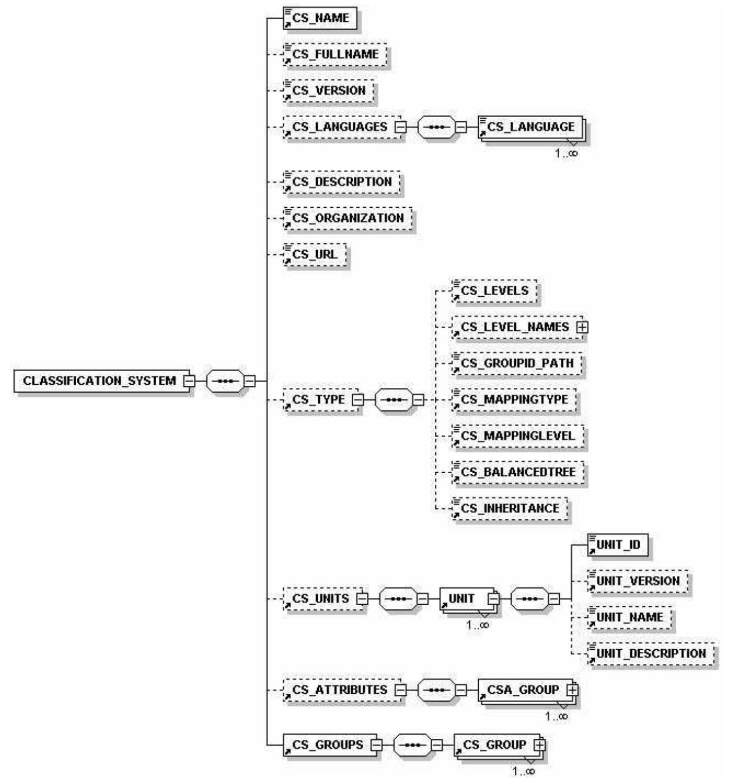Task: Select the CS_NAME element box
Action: click(x=319, y=19)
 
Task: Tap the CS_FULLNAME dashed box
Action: click(x=335, y=55)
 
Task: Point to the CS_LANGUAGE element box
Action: click(x=530, y=127)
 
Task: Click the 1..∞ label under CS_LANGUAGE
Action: click(x=566, y=154)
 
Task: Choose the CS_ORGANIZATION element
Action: click(x=347, y=218)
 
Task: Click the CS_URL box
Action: click(x=315, y=254)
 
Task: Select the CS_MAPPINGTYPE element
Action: click(x=514, y=400)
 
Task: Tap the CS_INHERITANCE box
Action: click(x=509, y=509)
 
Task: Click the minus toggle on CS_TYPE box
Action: click(x=358, y=400)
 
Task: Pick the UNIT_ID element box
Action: click(x=617, y=545)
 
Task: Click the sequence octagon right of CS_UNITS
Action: click(x=399, y=599)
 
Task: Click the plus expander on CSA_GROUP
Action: click(x=572, y=690)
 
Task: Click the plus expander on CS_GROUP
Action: click(x=539, y=745)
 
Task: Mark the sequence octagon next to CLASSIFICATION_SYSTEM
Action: click(x=225, y=381)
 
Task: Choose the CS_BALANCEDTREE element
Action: click(x=518, y=472)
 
